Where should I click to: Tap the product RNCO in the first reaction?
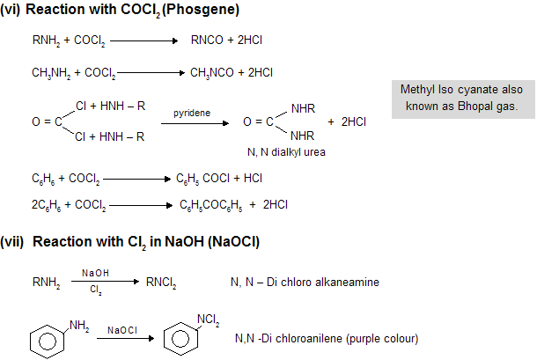click(x=205, y=40)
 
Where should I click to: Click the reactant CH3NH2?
click(x=48, y=74)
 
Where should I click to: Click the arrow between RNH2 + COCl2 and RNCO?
click(x=144, y=40)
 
